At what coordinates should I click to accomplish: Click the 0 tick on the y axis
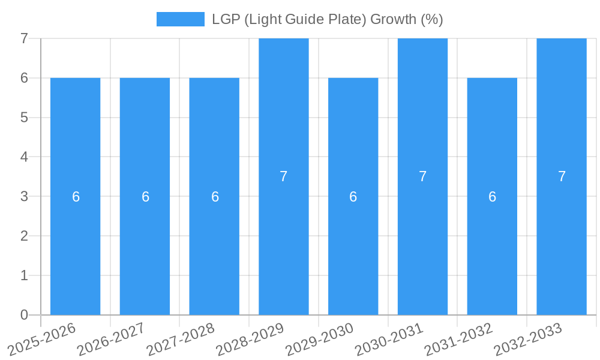[25, 315]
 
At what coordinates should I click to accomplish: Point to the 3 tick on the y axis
[25, 196]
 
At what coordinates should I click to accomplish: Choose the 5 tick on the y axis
[25, 118]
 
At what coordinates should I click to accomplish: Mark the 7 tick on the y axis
[25, 38]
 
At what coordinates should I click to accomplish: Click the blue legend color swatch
[180, 19]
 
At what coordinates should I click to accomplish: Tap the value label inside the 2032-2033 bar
[562, 176]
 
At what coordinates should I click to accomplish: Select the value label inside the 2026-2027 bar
[145, 197]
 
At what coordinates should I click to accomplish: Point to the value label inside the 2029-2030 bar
[353, 197]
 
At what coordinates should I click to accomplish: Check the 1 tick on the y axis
[25, 275]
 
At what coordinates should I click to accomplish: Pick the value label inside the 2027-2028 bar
[215, 197]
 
